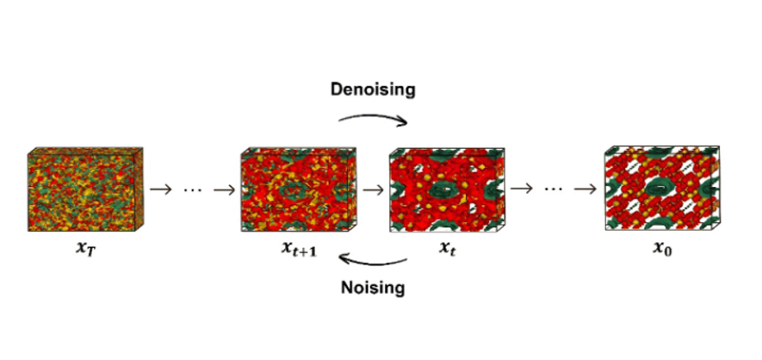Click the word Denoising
(x=373, y=90)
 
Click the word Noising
(x=373, y=288)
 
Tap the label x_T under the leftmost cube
(x=85, y=248)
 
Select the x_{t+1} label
(x=299, y=248)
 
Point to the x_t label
(x=447, y=248)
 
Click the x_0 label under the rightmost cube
(x=663, y=248)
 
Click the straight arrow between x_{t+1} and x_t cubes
(x=373, y=189)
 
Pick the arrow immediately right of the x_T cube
(x=161, y=189)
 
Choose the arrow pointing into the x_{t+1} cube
(x=225, y=189)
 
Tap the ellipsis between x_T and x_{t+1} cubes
(x=193, y=190)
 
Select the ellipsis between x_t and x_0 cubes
(x=553, y=189)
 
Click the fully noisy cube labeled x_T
(x=85, y=189)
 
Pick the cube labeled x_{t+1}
(x=299, y=189)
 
